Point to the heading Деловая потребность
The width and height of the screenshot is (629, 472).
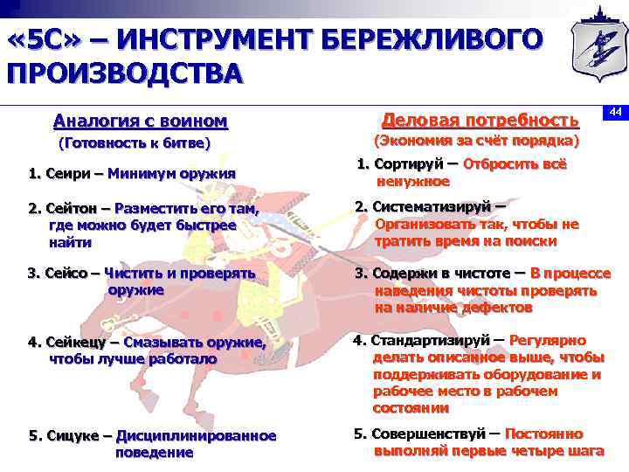(x=480, y=119)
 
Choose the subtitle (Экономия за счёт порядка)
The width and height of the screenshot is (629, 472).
(x=476, y=140)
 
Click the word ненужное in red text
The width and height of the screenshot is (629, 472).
(x=413, y=182)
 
